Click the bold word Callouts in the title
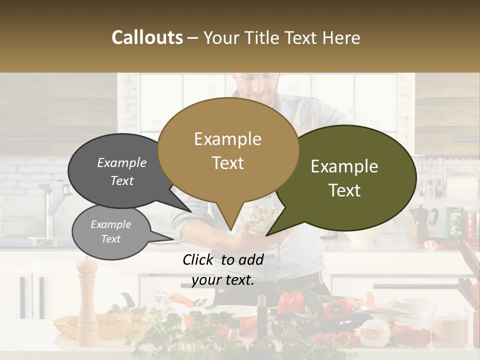point(147,38)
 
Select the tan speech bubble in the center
point(228,150)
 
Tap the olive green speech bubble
point(345,177)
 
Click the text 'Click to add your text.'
point(223,269)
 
